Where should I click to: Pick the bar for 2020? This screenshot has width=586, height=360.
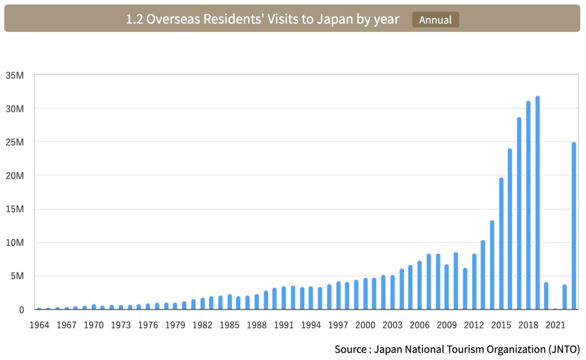[x=546, y=296]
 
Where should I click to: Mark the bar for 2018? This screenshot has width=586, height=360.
[x=528, y=205]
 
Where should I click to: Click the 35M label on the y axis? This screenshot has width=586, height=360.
[x=15, y=75]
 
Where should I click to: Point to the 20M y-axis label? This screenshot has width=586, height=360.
[x=15, y=176]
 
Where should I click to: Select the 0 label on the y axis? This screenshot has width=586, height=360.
[x=21, y=310]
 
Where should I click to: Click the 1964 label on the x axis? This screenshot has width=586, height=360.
[x=40, y=325]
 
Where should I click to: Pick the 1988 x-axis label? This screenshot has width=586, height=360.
[x=256, y=325]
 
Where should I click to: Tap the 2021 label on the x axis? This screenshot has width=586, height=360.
[x=555, y=325]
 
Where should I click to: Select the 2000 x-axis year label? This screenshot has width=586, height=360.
[x=365, y=325]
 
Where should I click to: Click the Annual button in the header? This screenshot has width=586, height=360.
[x=435, y=20]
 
